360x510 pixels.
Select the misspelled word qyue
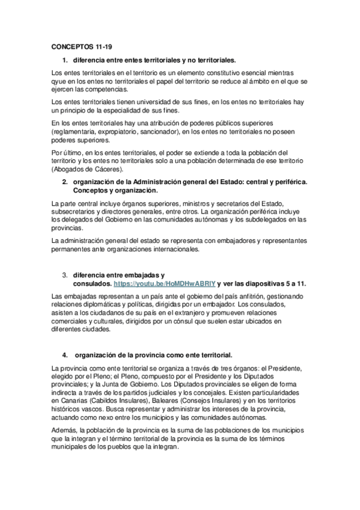[61, 81]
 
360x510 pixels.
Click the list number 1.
[64, 60]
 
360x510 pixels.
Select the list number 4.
[64, 354]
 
